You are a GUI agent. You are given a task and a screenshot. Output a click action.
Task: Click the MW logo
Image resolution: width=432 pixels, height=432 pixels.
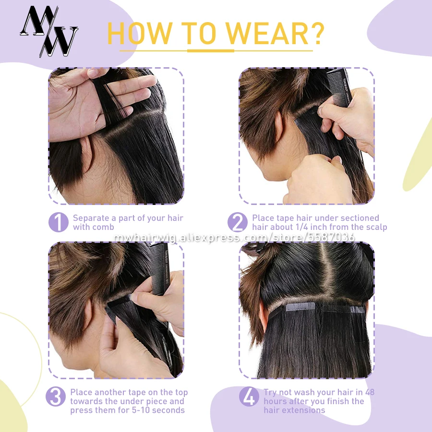(49, 31)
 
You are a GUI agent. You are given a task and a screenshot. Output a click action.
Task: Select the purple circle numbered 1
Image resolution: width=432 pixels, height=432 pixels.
(59, 222)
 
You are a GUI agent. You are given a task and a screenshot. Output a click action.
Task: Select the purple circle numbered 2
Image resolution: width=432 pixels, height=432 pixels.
(238, 222)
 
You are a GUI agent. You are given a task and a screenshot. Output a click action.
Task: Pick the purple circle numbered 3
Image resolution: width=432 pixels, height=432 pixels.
(56, 397)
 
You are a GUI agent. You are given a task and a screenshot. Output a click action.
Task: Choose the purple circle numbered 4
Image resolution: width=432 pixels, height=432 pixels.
(249, 397)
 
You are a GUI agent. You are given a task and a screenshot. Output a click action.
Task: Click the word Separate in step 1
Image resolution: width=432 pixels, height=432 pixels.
(91, 218)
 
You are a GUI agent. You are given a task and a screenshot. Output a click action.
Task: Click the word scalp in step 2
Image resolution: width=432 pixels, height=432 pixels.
(375, 227)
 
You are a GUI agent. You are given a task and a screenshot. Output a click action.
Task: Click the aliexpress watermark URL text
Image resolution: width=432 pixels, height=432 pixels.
(234, 237)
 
